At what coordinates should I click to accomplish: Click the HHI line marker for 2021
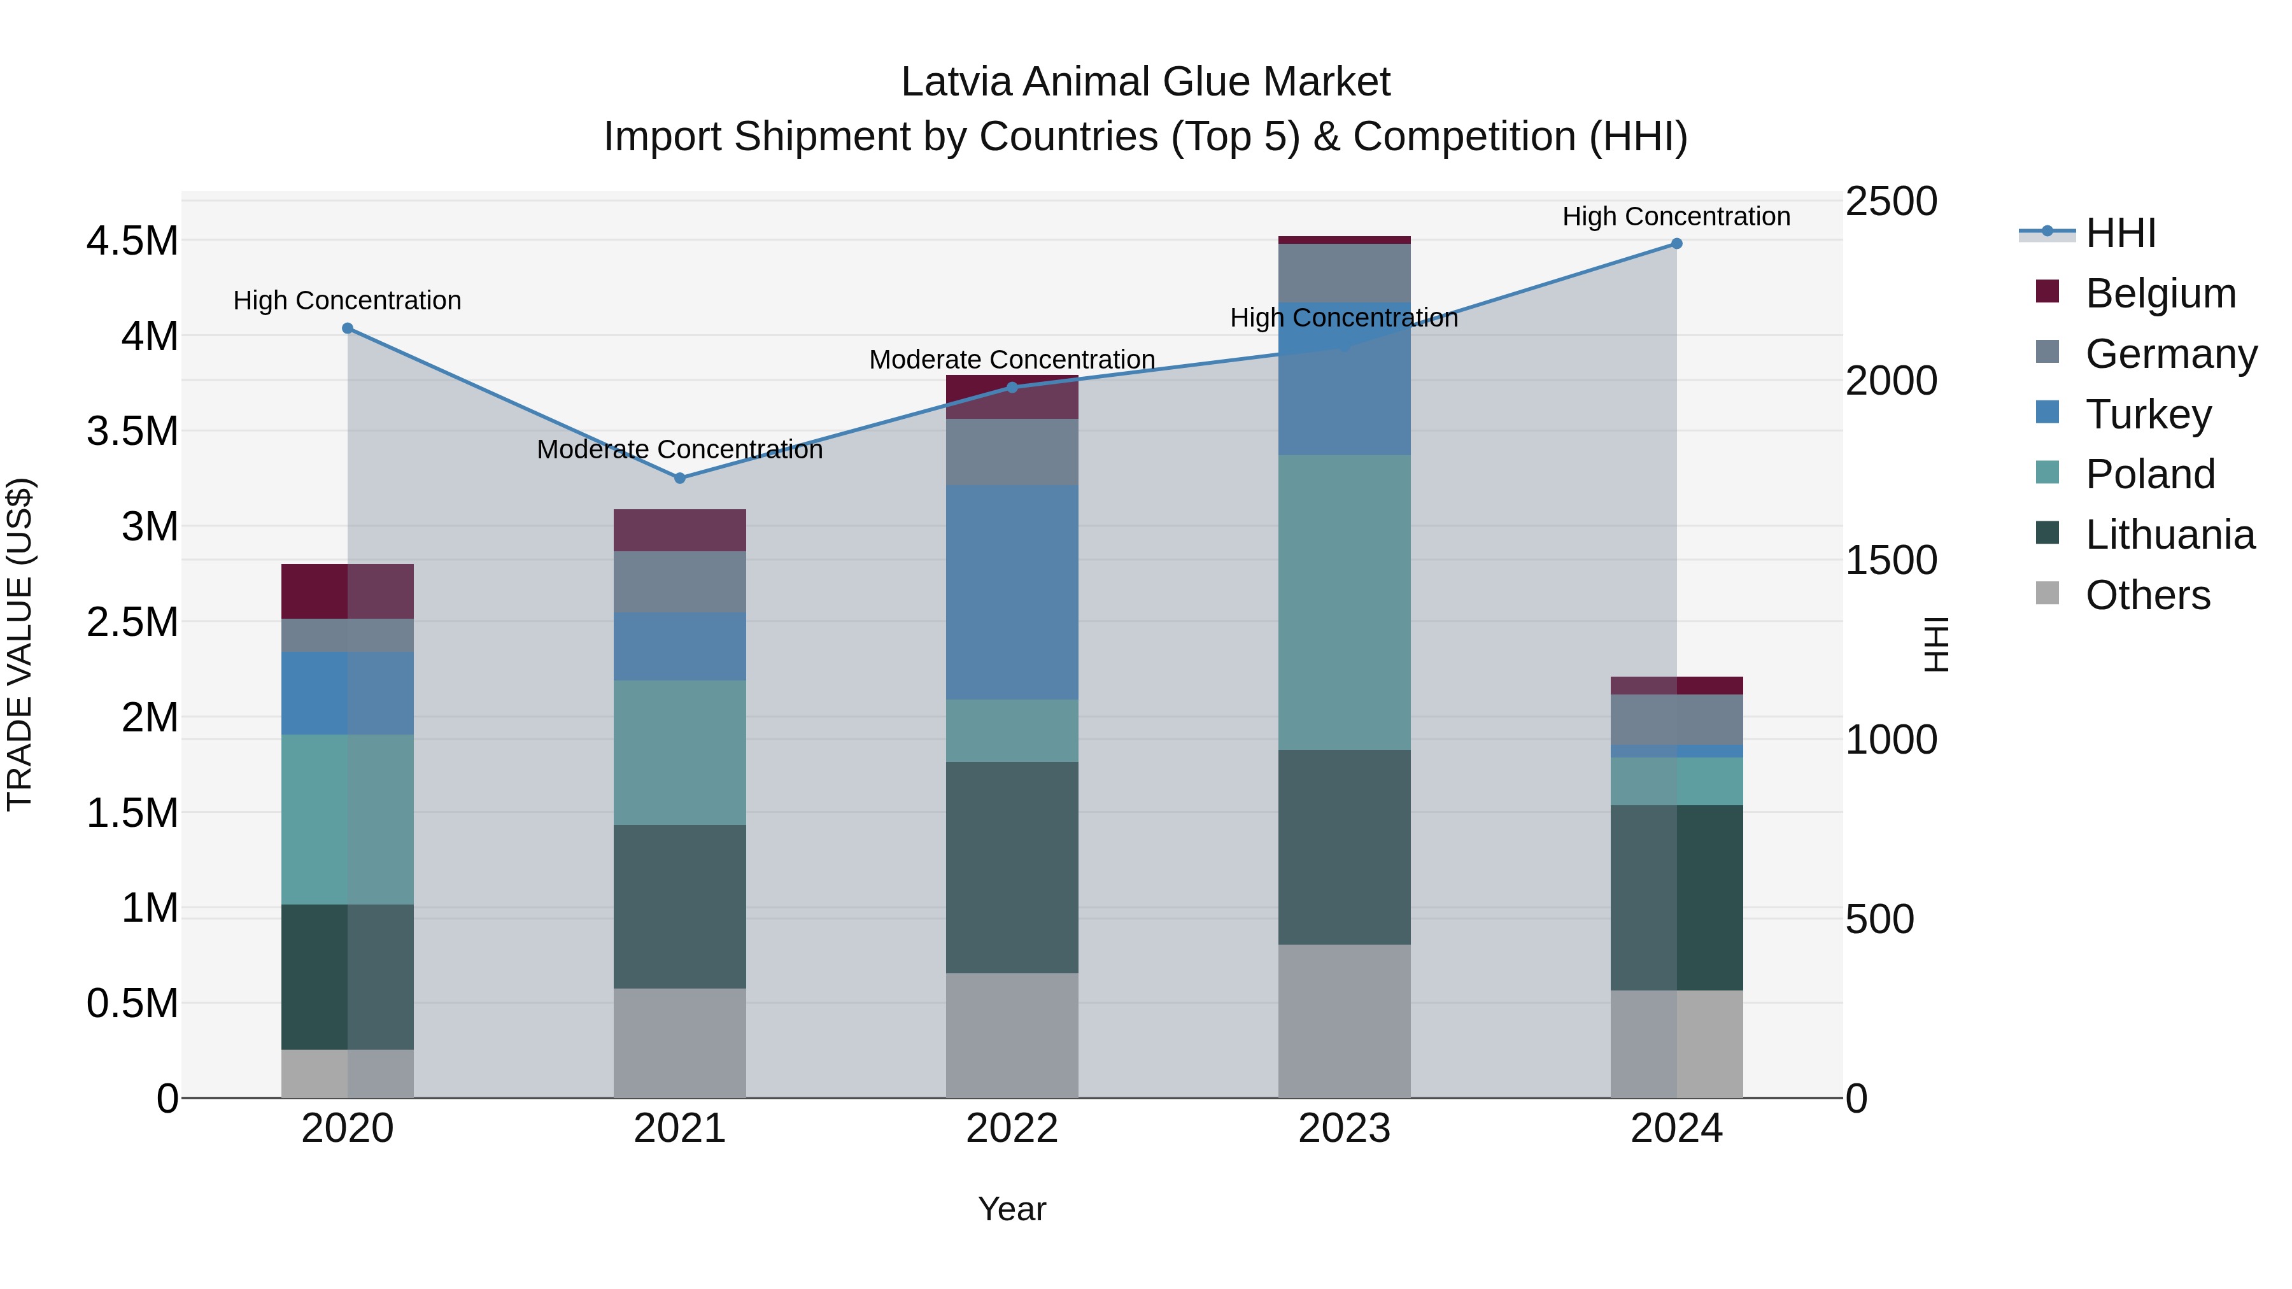click(680, 477)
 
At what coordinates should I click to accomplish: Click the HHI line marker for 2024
click(1676, 244)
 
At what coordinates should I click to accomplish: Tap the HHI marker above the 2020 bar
click(348, 328)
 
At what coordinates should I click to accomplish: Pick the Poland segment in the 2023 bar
click(1345, 602)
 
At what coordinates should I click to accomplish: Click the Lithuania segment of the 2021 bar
click(680, 906)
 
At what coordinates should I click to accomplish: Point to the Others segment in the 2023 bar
click(1345, 1020)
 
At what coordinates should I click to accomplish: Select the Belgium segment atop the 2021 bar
click(680, 530)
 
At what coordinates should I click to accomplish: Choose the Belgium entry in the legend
click(2160, 293)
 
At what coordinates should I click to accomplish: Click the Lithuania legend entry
click(2168, 535)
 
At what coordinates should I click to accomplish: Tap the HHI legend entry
click(2119, 233)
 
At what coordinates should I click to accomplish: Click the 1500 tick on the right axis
click(1891, 560)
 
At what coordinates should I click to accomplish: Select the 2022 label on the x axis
click(1012, 1129)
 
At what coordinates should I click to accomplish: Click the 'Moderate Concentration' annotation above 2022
click(1012, 360)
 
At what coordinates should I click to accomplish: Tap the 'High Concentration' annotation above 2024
click(1676, 216)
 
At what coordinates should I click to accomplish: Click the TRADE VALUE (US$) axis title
click(20, 644)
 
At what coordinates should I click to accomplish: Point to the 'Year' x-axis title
click(1012, 1209)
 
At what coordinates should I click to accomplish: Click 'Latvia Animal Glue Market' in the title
click(1145, 82)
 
